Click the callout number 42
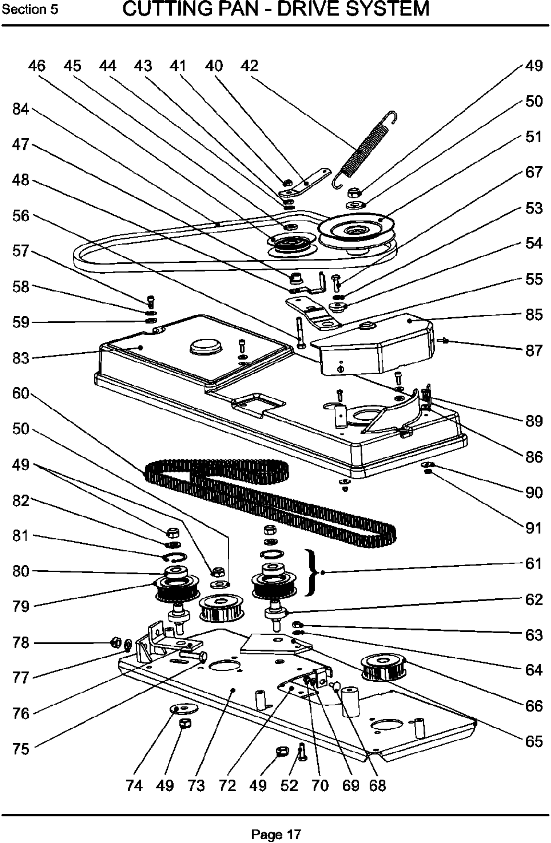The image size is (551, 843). [250, 66]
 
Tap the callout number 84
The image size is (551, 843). [21, 109]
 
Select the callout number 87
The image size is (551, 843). [533, 350]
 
